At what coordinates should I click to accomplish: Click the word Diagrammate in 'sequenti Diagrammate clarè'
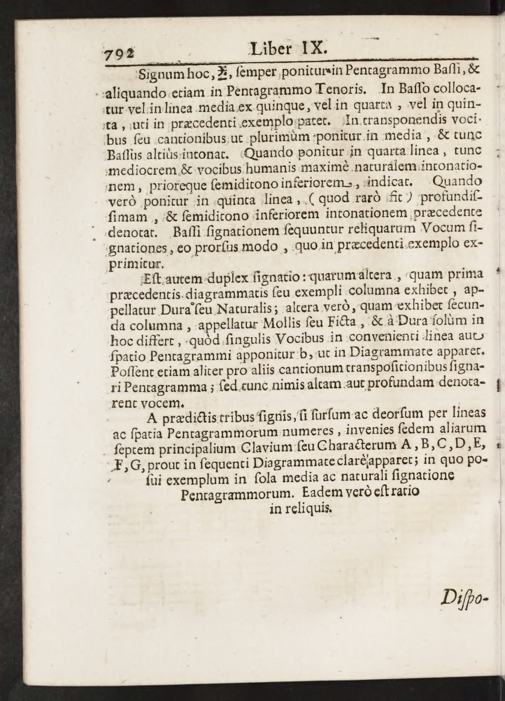click(289, 462)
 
